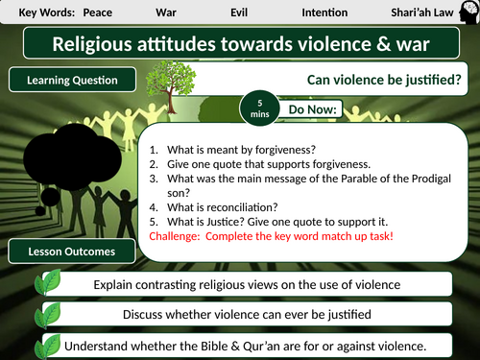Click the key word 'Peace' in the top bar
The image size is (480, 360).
tap(98, 12)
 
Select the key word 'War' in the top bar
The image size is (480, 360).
tap(166, 12)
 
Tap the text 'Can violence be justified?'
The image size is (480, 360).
tap(383, 83)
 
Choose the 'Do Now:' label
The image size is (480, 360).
tap(314, 109)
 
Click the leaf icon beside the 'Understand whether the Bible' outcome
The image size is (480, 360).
tap(47, 345)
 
